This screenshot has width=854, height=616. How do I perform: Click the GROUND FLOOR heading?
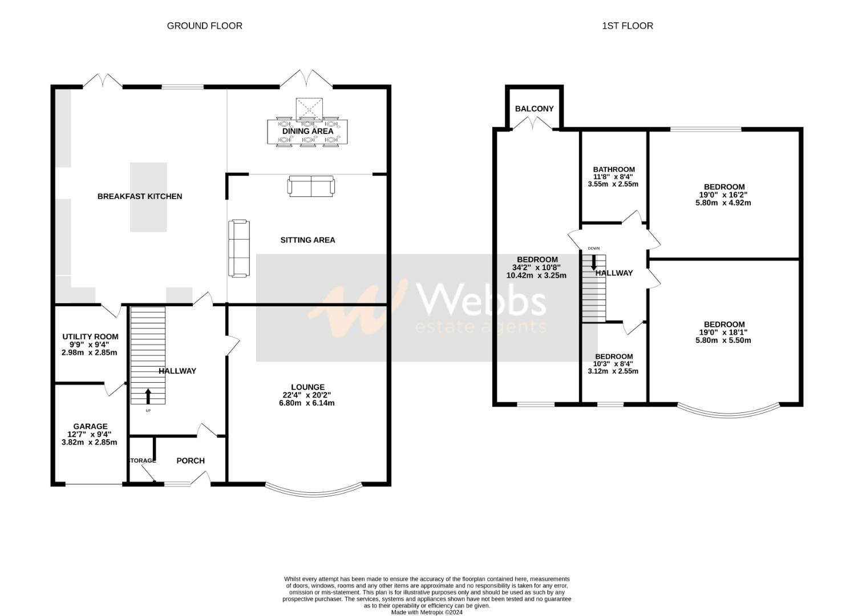[x=204, y=26]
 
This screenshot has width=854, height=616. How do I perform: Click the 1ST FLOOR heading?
[x=627, y=26]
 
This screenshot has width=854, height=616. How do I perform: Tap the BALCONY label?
[x=534, y=109]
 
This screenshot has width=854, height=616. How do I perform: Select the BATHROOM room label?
[x=614, y=169]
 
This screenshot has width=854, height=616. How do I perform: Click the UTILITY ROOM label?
[x=90, y=337]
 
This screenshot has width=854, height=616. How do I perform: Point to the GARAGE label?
[x=90, y=426]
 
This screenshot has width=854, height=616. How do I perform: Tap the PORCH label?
[x=190, y=461]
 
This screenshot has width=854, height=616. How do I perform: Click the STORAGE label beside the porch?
[x=142, y=461]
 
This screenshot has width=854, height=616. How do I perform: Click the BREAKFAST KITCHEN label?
[x=140, y=196]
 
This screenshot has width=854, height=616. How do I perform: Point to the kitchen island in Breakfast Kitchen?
[x=148, y=197]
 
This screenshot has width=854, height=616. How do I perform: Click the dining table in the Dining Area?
[x=307, y=132]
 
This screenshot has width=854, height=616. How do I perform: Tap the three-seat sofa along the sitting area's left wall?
[x=239, y=248]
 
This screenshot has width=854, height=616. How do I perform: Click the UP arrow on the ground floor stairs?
[x=148, y=395]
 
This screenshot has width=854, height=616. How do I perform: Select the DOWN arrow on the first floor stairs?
[x=594, y=261]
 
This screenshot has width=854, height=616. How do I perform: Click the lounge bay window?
[x=314, y=489]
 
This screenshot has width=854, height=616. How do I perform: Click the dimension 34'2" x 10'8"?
[x=536, y=268]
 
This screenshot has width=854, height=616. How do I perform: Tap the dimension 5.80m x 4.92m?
[x=723, y=202]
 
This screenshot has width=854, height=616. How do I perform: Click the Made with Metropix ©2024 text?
[x=427, y=613]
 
